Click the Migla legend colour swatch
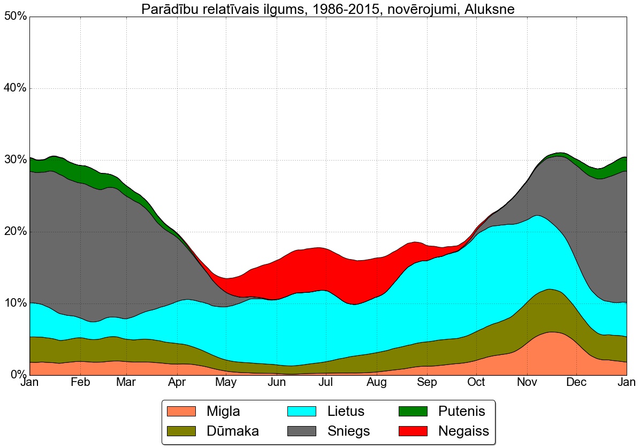click(x=182, y=411)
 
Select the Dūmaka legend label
click(x=233, y=431)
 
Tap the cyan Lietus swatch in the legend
click(x=303, y=411)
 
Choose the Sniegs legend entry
click(x=348, y=431)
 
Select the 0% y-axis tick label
click(x=18, y=375)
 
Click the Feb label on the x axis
click(x=80, y=383)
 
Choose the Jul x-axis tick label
click(x=326, y=383)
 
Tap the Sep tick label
click(x=426, y=383)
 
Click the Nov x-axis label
click(x=527, y=383)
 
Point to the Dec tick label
click(x=576, y=383)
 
